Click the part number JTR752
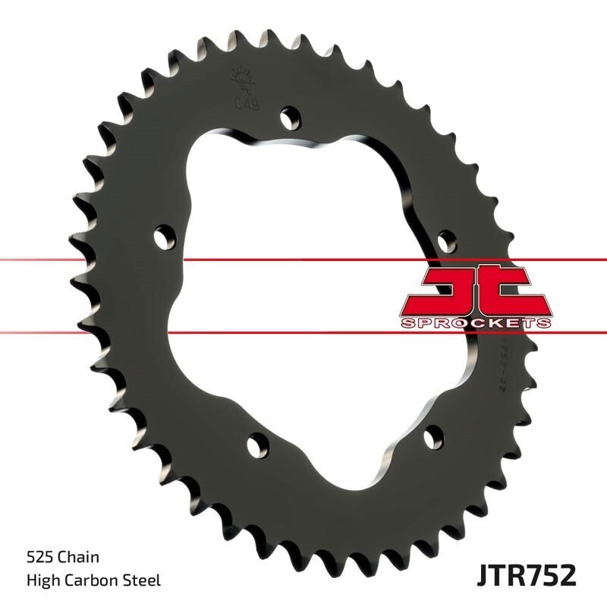(x=527, y=574)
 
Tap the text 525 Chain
(x=62, y=558)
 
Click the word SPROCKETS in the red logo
(x=475, y=323)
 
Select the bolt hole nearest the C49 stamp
(x=289, y=118)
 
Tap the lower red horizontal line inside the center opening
(x=303, y=332)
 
